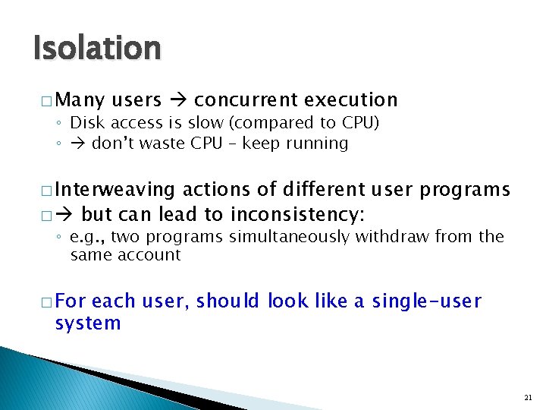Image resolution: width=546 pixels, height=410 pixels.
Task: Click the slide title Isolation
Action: [x=97, y=49]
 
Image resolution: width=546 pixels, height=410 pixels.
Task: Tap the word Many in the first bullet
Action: [x=80, y=100]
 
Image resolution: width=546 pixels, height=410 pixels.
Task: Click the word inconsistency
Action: [x=299, y=215]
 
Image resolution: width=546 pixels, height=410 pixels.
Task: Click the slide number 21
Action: [x=528, y=397]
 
